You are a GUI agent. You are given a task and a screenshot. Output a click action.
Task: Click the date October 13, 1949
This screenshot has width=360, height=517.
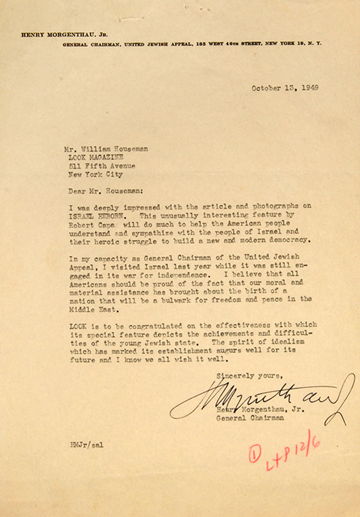tap(285, 88)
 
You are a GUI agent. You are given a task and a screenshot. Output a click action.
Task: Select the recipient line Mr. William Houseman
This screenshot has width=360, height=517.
tap(106, 149)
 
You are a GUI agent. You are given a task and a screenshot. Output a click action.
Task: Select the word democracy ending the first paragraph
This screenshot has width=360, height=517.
tap(290, 240)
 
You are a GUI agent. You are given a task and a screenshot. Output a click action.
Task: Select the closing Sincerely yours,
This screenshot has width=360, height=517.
tap(249, 376)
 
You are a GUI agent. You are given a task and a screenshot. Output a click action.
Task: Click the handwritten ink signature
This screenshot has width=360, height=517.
tap(264, 397)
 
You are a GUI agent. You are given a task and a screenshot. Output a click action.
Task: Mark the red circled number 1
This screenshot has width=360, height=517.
tap(255, 455)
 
